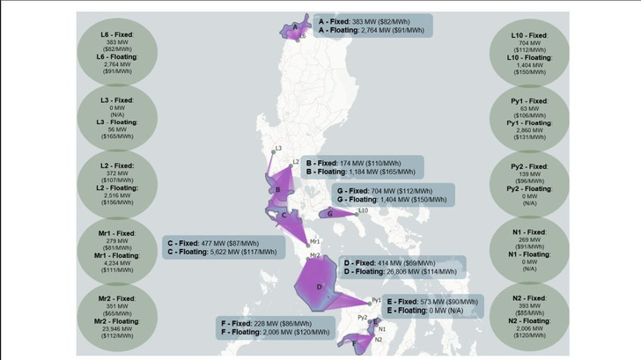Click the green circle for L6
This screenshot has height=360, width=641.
[x=118, y=50]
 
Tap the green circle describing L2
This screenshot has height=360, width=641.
[x=118, y=184]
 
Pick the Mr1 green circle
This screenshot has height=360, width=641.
[x=118, y=250]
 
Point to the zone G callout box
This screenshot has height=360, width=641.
[x=391, y=195]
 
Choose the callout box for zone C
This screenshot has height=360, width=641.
[x=225, y=246]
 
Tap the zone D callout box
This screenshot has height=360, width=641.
[x=402, y=268]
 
